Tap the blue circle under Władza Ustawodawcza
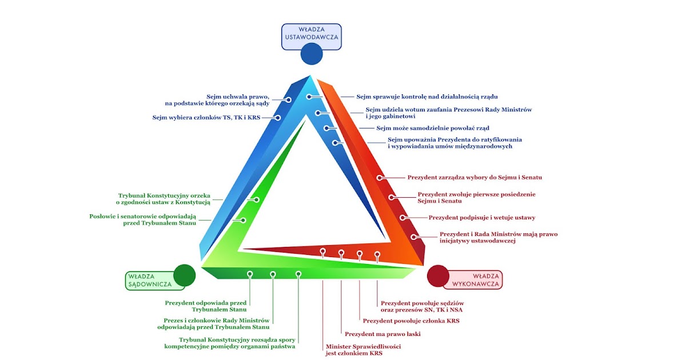312,54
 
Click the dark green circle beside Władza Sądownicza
184,275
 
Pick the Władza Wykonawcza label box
480,279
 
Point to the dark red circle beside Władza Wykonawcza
438,275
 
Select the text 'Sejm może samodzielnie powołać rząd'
433,128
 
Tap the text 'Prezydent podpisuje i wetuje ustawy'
482,218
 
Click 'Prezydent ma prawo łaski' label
382,334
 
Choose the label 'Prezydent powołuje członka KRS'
411,321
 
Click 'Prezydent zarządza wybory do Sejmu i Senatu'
474,178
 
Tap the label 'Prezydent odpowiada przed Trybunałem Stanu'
206,306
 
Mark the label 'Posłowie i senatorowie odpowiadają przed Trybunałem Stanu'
143,220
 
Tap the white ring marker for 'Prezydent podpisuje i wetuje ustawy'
402,218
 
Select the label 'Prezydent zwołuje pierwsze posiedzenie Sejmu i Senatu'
477,198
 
